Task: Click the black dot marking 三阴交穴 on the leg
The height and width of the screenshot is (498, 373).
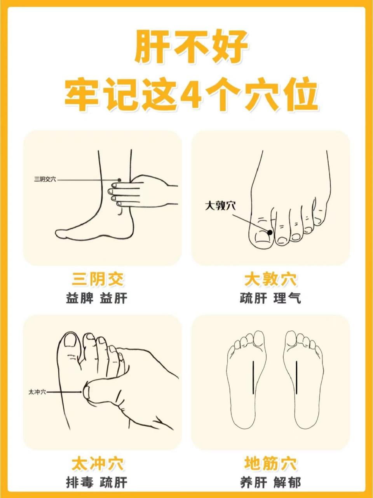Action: point(120,180)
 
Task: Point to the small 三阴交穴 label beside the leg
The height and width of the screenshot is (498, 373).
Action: point(45,180)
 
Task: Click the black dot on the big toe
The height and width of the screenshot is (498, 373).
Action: point(270,232)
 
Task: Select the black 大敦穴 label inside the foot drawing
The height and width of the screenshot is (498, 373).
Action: point(220,206)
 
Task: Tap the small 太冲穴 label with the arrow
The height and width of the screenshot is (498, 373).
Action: point(37,392)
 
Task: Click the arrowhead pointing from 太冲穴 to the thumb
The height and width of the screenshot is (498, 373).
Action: point(81,392)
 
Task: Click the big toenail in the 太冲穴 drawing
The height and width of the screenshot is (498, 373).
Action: point(70,340)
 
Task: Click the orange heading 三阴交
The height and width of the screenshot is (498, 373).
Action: point(98,279)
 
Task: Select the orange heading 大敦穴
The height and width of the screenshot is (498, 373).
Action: point(270,279)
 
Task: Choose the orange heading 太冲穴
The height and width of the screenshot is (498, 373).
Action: point(98,464)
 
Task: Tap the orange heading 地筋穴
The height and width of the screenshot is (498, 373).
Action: point(270,464)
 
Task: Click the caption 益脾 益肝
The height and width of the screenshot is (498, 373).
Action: point(97,299)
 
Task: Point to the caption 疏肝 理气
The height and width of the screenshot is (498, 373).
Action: point(270,299)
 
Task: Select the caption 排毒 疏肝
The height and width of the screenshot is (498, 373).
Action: point(97,483)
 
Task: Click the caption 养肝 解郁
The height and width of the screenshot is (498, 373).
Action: point(270,483)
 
